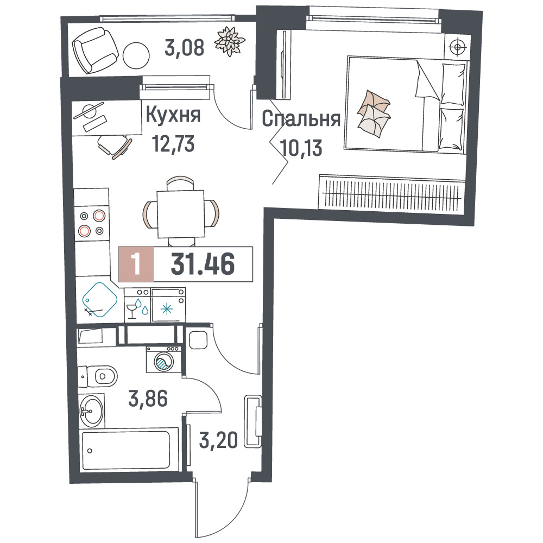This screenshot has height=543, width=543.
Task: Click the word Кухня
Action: tap(173, 115)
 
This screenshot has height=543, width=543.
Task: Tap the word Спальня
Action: tap(301, 119)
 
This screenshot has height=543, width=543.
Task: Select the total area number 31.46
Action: tap(203, 264)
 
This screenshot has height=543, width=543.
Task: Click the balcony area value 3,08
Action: tap(184, 48)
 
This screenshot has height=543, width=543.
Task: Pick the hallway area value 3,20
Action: tap(218, 440)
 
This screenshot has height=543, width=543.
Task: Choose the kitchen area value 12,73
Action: tap(174, 144)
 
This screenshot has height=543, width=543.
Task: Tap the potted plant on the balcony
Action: tap(230, 41)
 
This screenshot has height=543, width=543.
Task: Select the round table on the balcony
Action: tap(136, 55)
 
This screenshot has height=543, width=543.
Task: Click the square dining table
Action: tap(180, 213)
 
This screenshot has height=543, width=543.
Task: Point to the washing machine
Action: tap(164, 359)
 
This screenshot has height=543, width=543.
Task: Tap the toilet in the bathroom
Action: tap(98, 376)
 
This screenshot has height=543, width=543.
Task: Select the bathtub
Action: tap(129, 450)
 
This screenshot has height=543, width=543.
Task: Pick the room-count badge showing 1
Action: tap(136, 264)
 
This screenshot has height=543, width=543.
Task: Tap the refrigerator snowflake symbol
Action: tap(167, 309)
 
